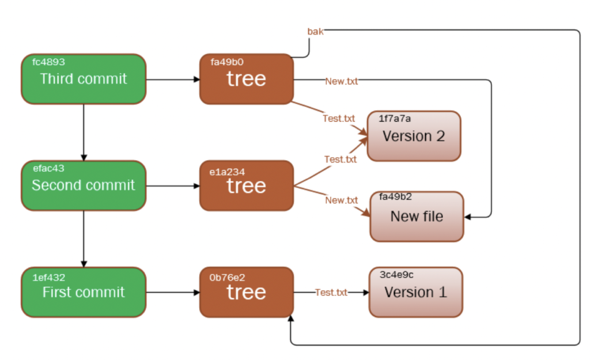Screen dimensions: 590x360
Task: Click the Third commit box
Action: pos(84,79)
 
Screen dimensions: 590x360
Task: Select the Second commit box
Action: pos(84,185)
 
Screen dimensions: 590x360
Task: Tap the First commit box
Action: pos(84,292)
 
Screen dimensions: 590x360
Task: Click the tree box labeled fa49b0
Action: pos(247,79)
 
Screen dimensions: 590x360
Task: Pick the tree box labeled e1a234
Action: pos(247,185)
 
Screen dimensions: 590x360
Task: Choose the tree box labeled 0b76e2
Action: pos(247,292)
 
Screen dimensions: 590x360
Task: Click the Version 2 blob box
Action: pos(414,136)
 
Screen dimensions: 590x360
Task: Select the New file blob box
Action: pos(417,217)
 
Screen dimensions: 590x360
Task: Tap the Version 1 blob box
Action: pos(416,292)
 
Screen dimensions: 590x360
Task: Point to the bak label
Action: pos(315,32)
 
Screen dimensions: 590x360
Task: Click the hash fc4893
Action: pos(48,62)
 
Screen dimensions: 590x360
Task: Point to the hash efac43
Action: pos(48,168)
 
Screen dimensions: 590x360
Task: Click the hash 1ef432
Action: pos(49,278)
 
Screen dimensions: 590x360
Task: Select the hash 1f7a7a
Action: pos(395,119)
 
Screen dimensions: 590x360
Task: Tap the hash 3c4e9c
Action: pos(396,275)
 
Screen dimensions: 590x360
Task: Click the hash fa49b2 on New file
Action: pos(395,196)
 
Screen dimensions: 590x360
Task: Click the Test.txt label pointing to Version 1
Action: pos(331,292)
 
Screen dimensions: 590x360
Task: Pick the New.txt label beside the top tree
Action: pos(342,81)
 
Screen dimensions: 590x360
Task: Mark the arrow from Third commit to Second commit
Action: pos(84,132)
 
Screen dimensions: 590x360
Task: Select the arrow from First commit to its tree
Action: pos(173,292)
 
